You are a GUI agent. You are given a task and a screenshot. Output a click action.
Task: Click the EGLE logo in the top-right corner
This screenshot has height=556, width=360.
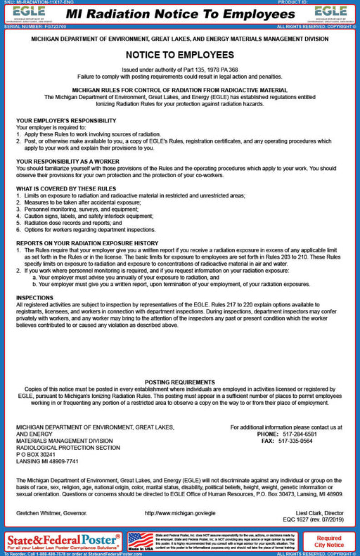330,13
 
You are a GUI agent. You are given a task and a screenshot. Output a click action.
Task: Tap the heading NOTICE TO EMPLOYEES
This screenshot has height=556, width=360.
179,54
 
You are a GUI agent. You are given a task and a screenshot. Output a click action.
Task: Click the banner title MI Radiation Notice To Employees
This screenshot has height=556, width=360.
179,13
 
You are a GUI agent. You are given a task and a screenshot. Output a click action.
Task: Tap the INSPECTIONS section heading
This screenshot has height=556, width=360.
34,297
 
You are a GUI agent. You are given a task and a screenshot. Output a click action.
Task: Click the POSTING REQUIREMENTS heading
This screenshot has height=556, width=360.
179,381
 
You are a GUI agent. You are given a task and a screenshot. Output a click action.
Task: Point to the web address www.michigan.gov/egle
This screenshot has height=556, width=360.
179,513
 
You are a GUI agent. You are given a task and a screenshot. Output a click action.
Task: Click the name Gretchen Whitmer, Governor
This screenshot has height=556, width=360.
49,513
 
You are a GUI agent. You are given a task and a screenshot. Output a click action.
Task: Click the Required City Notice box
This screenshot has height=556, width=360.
329,541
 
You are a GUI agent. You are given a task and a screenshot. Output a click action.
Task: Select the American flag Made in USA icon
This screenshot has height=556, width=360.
141,541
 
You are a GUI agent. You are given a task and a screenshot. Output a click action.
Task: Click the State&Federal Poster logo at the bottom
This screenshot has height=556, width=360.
63,541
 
